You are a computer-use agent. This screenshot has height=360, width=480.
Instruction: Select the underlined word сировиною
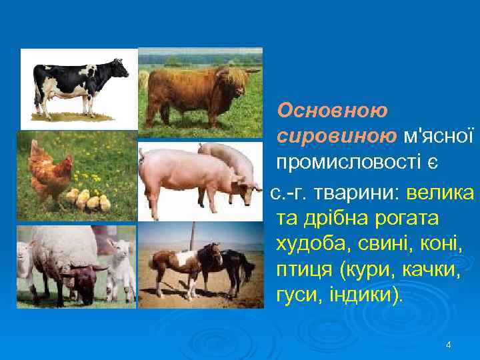pyautogui.click(x=325, y=135)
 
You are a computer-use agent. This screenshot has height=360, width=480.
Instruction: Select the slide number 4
pyautogui.click(x=448, y=345)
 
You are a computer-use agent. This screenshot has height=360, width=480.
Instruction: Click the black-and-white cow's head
pyautogui.click(x=120, y=67)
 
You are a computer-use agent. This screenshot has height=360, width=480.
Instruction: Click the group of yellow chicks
pyautogui.click(x=87, y=200)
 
